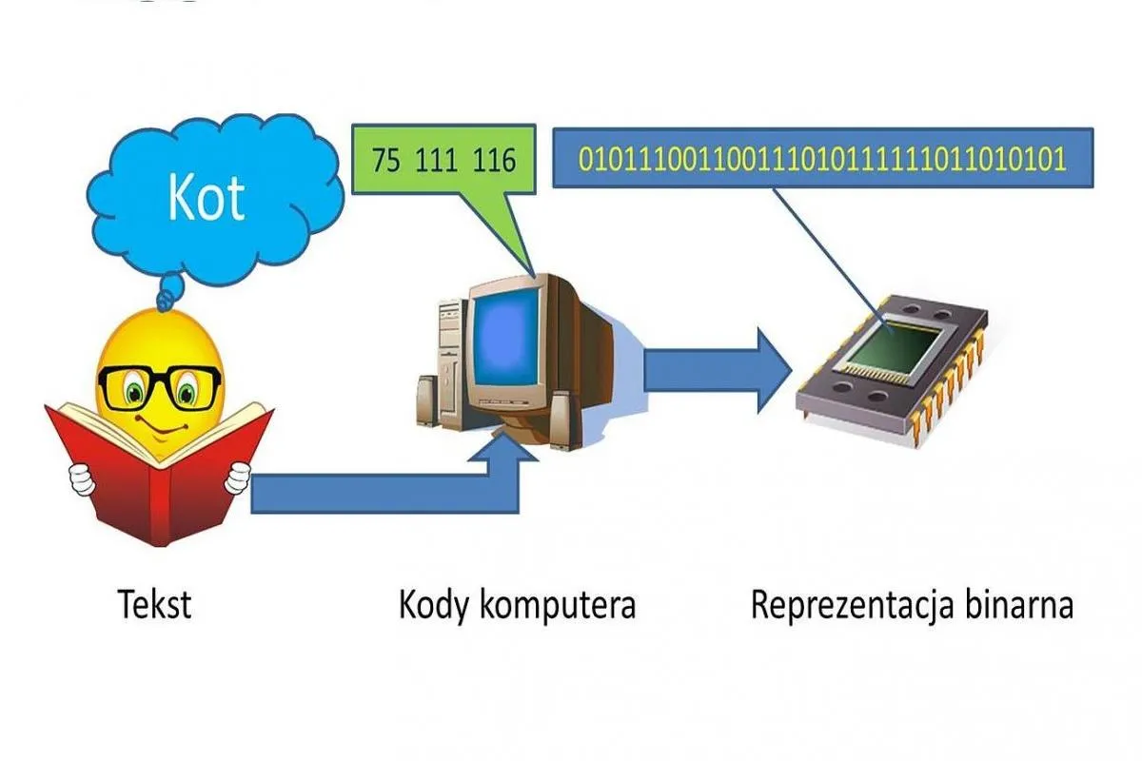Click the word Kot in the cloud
[x=206, y=198]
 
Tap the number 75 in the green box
[x=386, y=160]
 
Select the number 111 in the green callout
[x=436, y=160]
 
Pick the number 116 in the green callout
[x=495, y=160]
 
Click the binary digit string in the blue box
[x=822, y=159]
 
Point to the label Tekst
[x=154, y=604]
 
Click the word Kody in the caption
[x=433, y=607]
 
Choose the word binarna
[x=1019, y=604]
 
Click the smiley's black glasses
[x=160, y=388]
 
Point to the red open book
[x=160, y=472]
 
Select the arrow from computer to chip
[x=718, y=370]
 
